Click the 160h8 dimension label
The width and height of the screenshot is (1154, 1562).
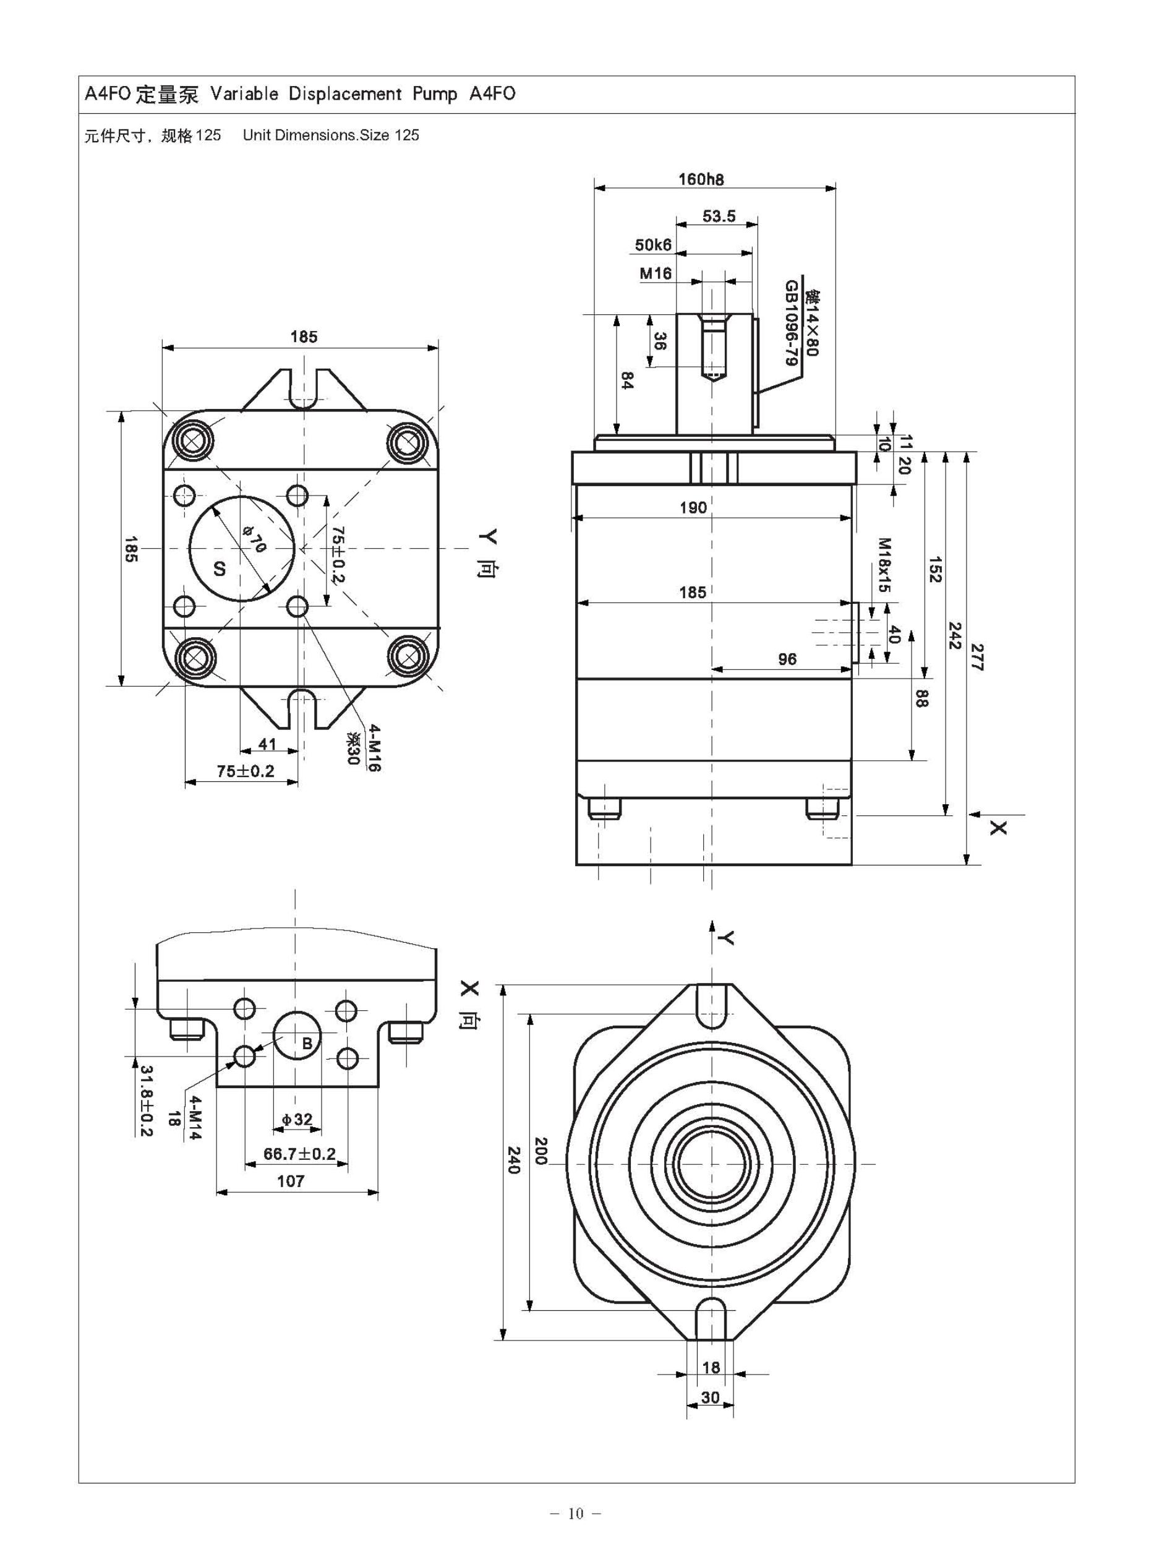coord(701,179)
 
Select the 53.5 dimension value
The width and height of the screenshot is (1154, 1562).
coord(719,217)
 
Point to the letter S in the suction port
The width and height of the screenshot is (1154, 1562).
coord(220,569)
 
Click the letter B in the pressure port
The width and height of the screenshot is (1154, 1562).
coord(307,1044)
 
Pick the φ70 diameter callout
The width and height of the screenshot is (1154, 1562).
coord(254,539)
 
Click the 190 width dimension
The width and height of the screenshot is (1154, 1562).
coord(693,508)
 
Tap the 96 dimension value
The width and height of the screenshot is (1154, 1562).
coord(787,659)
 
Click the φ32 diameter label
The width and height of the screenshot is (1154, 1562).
coord(297,1120)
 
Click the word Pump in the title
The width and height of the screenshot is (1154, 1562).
coord(435,93)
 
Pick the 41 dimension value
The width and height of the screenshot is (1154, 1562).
coord(268,745)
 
